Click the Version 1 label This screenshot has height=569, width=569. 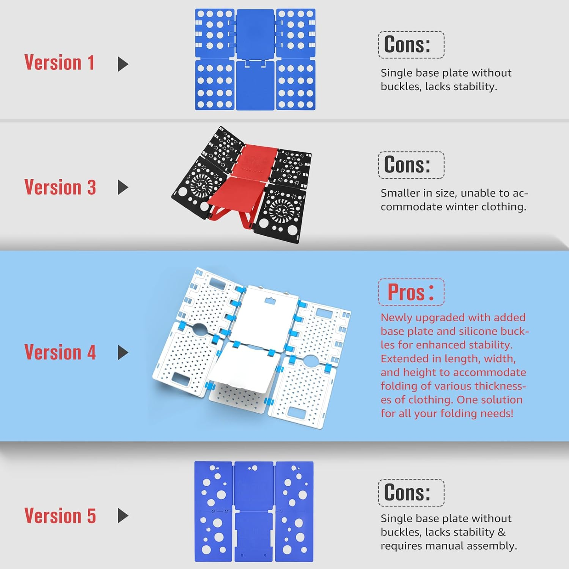point(59,63)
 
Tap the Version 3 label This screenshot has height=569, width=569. point(60,187)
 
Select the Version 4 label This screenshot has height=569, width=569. point(60,352)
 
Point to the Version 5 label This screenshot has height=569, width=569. point(60,515)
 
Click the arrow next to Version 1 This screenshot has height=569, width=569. point(123,64)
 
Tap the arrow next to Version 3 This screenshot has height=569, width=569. point(123,187)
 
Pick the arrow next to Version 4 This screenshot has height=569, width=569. point(123,352)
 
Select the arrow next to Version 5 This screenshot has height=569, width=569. point(123,515)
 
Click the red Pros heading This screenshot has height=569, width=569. point(411,292)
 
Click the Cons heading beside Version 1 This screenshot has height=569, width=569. point(407,44)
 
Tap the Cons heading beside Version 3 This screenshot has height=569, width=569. point(407,165)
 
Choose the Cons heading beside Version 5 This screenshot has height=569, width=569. point(407,492)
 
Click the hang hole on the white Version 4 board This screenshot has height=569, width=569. point(270,301)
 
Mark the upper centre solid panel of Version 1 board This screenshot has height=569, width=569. point(256,34)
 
